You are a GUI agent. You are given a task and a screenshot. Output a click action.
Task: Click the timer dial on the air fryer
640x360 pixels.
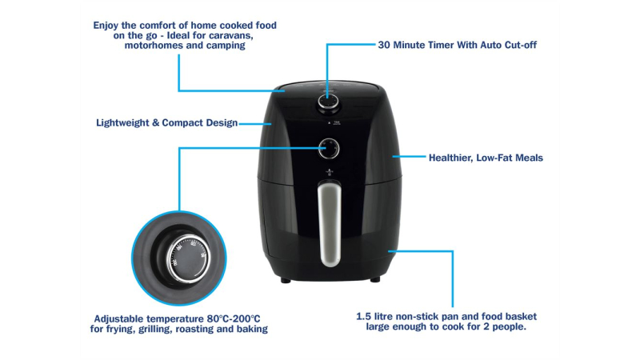(328, 102)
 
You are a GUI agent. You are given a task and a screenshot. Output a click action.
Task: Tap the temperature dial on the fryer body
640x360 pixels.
(329, 149)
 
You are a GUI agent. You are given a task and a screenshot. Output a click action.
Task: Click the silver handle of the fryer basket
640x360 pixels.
(330, 224)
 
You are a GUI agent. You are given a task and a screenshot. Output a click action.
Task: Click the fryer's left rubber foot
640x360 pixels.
(286, 281)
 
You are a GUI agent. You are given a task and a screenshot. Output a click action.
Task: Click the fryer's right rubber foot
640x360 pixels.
(375, 280)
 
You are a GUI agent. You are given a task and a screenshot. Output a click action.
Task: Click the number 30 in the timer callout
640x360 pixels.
(384, 45)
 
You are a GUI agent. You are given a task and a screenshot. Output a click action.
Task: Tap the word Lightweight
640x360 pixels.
(122, 123)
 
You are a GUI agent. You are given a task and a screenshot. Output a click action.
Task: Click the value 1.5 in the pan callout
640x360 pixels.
(364, 316)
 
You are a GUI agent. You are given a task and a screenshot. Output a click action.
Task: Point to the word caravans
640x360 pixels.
(232, 35)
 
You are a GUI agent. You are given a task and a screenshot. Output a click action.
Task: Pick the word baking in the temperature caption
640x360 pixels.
(253, 329)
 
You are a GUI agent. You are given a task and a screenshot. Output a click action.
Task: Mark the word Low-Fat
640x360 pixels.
(494, 158)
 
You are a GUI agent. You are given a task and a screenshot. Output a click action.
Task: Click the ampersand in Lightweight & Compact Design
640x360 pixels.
(155, 123)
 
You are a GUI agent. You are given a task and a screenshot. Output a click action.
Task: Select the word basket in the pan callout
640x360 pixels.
(522, 316)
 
